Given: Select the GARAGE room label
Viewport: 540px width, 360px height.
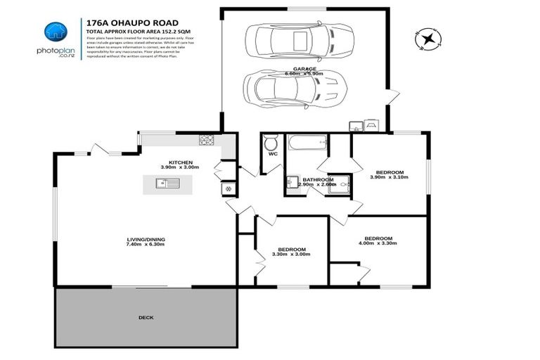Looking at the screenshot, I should click(x=304, y=68).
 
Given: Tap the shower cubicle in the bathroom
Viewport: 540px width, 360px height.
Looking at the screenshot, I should click(x=340, y=183).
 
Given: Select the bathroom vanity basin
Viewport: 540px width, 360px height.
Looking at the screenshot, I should click(x=292, y=184).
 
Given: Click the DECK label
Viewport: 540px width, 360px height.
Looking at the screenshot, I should click(x=146, y=318).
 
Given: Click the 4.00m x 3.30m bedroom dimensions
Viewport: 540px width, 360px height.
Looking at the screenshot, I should click(x=378, y=243).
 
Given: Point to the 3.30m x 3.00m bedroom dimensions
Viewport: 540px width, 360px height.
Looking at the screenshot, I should click(x=291, y=255).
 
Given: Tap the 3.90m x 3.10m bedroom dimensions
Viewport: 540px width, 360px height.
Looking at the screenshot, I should click(x=389, y=178).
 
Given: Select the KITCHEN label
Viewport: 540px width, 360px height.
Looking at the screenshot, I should click(x=180, y=162).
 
